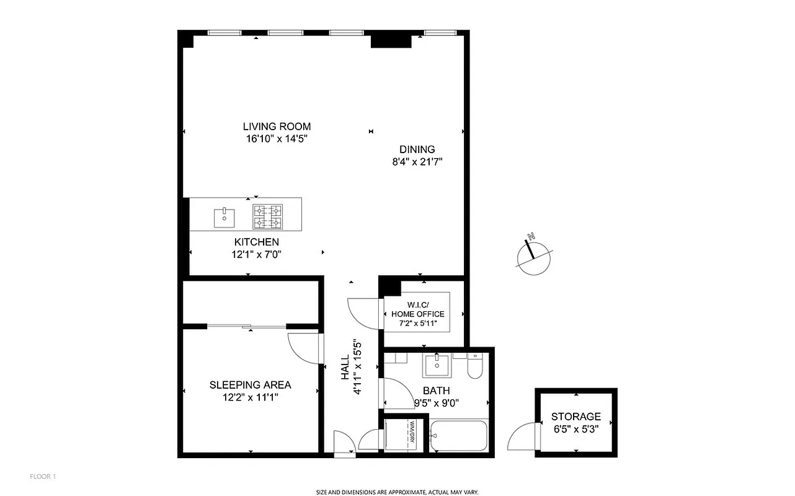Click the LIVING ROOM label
(277, 126)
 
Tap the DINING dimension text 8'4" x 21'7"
(417, 162)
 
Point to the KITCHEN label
(256, 242)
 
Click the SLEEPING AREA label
(250, 385)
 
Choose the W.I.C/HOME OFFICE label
(417, 309)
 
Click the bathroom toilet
(475, 367)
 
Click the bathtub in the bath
(459, 436)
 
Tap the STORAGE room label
(576, 417)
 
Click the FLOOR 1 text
(43, 477)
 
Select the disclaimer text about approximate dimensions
(397, 492)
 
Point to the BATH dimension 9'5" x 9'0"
(437, 402)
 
